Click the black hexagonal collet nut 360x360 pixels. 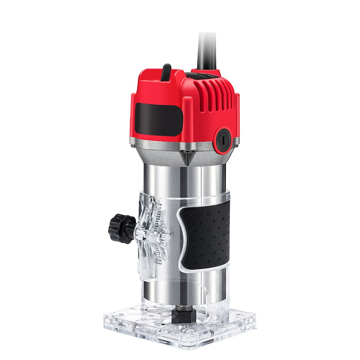184,316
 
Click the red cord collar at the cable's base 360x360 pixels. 207,71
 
